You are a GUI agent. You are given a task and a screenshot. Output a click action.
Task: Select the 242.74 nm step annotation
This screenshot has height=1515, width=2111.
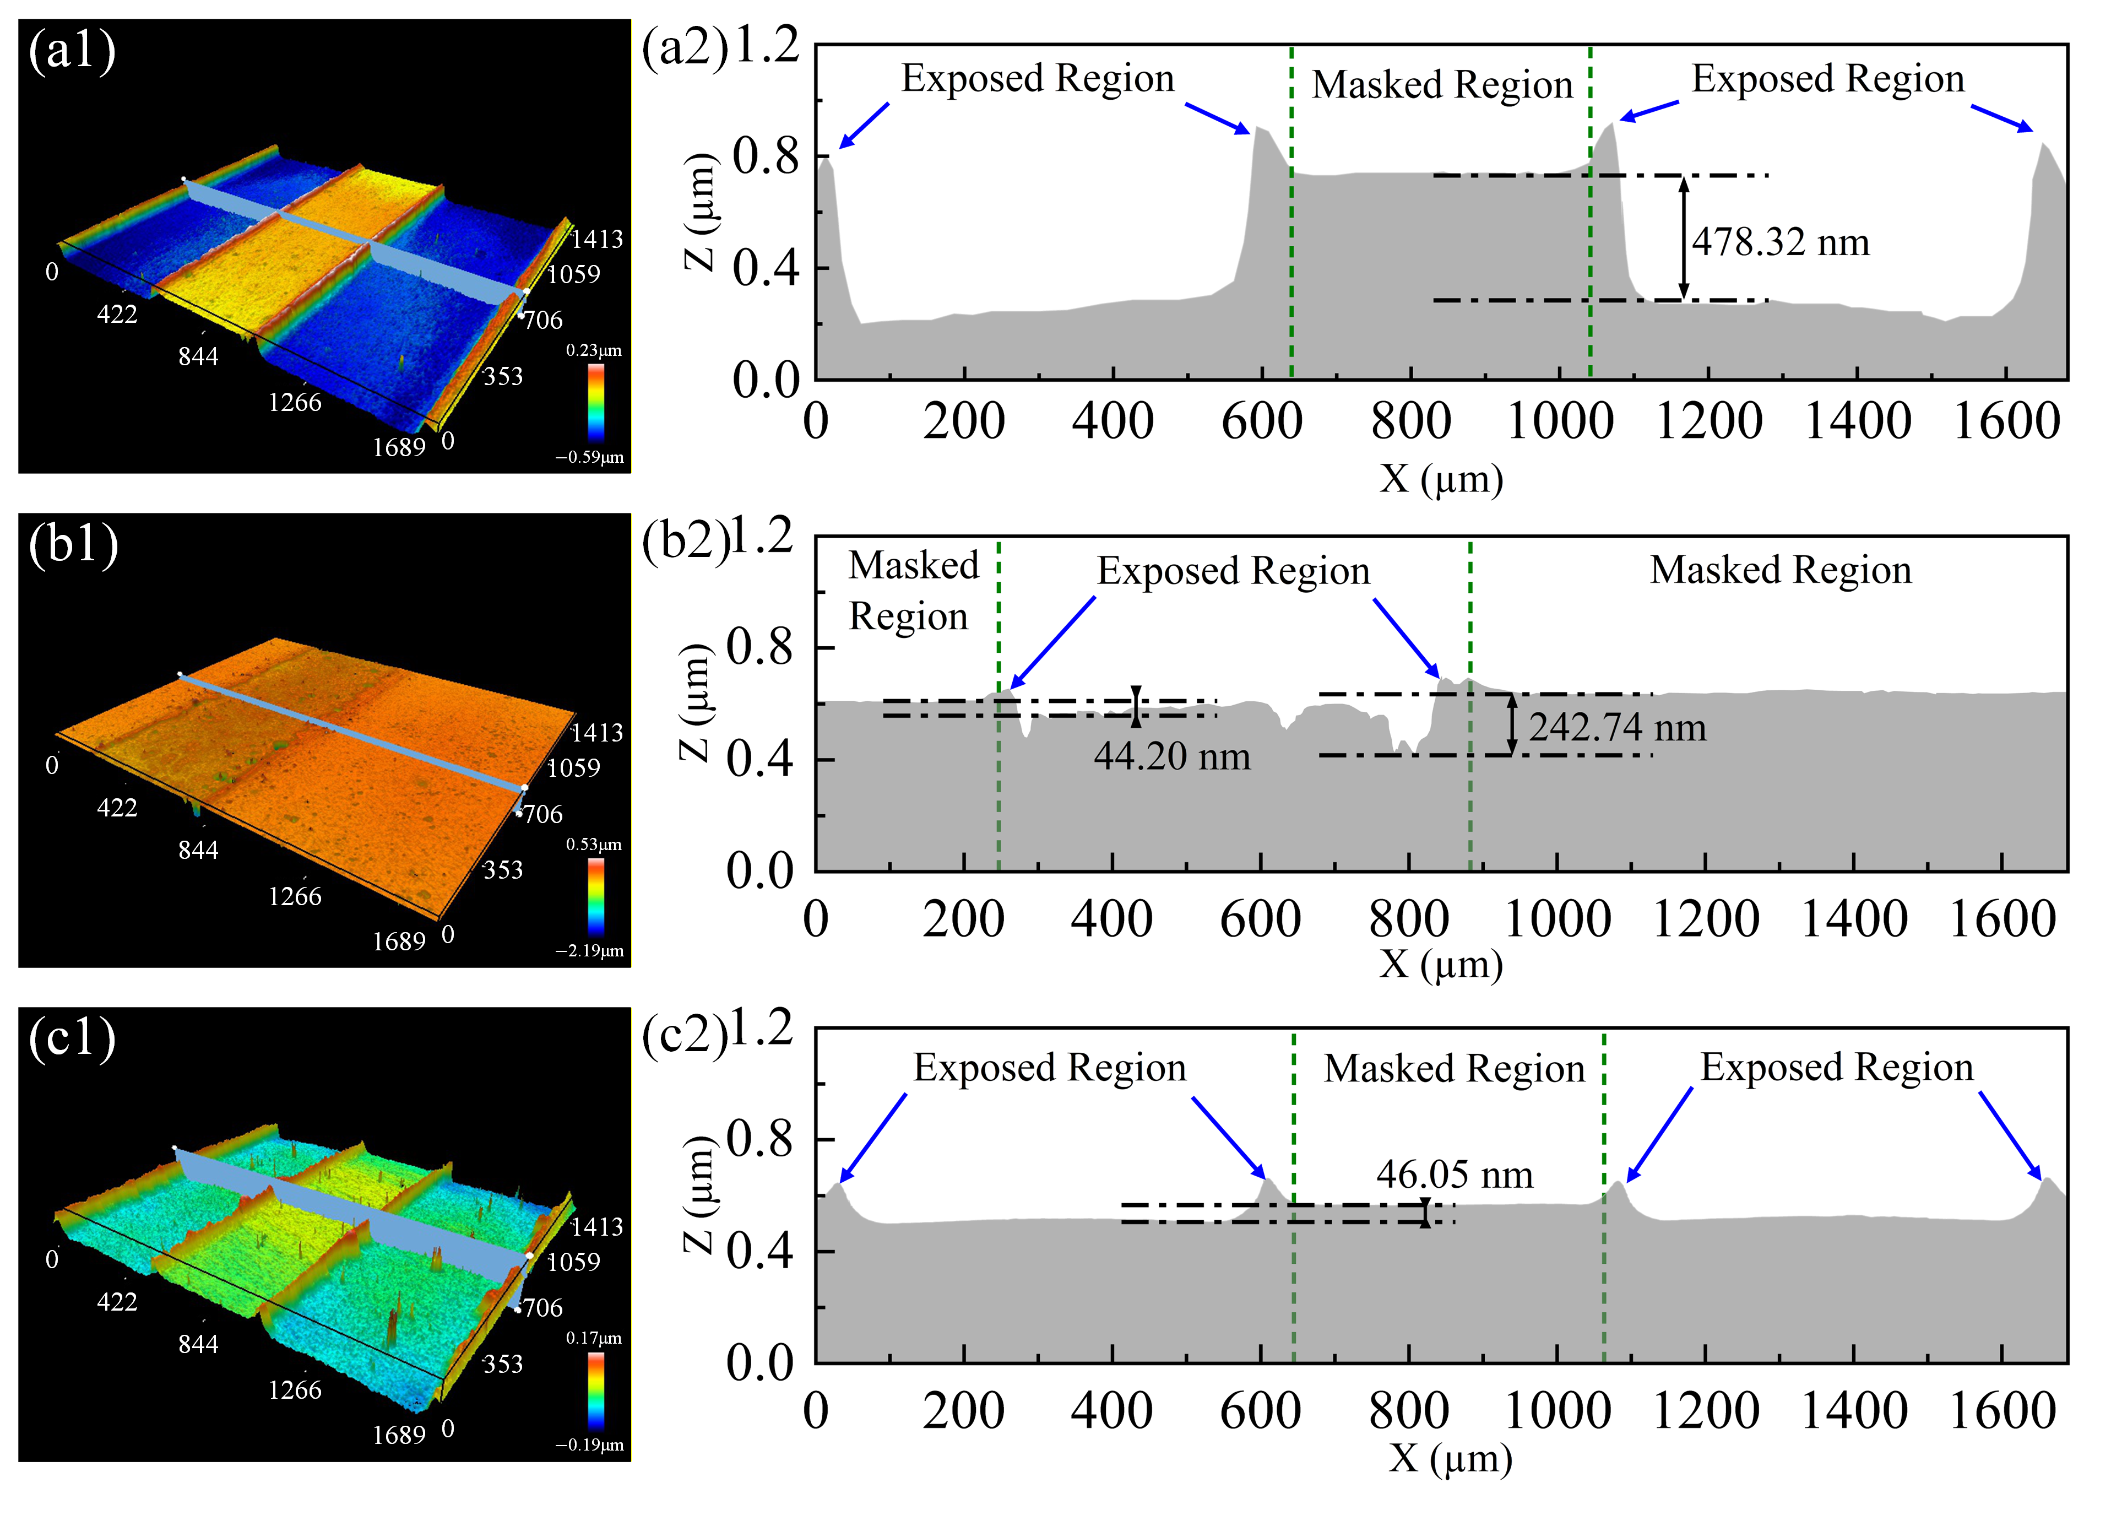click(x=1617, y=727)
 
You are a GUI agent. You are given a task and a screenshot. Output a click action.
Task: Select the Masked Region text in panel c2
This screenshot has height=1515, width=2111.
click(x=1454, y=1068)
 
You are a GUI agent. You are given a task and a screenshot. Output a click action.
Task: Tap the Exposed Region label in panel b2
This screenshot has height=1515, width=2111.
click(x=1233, y=571)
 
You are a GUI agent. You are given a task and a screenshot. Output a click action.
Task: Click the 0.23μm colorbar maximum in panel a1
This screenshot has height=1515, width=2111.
click(x=593, y=351)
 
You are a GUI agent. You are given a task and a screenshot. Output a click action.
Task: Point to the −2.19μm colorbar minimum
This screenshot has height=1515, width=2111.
click(x=589, y=951)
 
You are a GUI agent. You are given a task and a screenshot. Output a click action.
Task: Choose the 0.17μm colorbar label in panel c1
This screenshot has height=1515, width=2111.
click(x=593, y=1338)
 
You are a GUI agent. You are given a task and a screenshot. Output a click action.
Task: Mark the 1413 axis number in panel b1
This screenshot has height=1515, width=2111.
click(x=596, y=733)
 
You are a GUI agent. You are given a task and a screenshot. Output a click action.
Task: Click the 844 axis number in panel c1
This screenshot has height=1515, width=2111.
click(x=198, y=1344)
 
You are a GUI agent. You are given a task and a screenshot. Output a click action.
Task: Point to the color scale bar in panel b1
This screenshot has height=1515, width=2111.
click(x=596, y=896)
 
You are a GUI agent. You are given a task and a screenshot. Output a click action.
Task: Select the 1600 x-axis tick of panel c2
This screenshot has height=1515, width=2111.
click(x=2001, y=1411)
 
